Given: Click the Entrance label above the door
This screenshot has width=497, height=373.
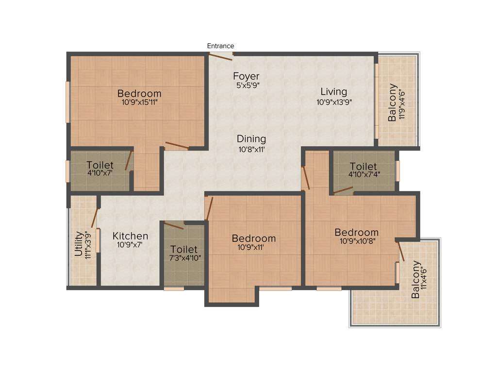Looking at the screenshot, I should (x=220, y=46).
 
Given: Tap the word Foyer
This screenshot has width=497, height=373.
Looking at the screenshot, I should (x=246, y=76).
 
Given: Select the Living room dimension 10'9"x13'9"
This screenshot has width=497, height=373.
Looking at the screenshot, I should (x=333, y=102).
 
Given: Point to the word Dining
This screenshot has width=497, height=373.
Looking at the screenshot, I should (x=251, y=139).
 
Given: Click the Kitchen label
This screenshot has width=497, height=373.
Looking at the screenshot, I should (x=131, y=236).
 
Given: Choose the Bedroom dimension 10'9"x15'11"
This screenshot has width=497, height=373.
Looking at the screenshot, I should (x=139, y=102).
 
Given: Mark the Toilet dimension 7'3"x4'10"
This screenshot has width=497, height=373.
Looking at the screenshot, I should (x=183, y=258).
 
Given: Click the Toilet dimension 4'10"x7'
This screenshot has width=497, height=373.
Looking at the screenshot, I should (x=100, y=173).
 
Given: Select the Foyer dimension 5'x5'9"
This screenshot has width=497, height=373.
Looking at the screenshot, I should (x=246, y=85).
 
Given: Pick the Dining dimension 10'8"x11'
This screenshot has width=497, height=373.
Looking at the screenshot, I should (x=251, y=149).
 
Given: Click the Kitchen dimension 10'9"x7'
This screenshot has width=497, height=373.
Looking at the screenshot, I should (x=131, y=245).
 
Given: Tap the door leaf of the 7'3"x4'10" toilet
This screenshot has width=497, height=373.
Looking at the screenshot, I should (x=174, y=224).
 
